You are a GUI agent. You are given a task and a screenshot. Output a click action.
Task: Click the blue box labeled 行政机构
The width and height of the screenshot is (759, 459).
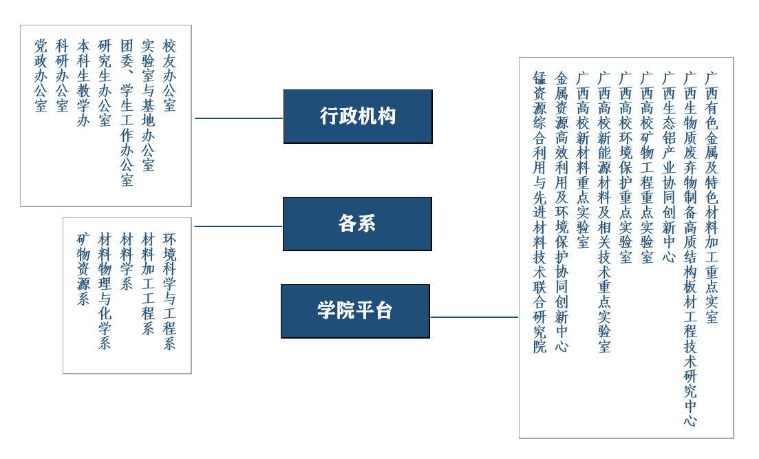click(358, 116)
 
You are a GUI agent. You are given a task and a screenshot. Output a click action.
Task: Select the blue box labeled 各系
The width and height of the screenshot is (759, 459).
click(357, 224)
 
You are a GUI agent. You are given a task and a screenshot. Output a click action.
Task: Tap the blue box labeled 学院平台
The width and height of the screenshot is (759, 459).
click(355, 311)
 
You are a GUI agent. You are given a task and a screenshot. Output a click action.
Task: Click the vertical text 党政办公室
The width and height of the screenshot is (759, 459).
click(41, 76)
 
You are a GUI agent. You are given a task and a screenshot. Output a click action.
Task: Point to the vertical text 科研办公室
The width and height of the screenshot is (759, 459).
click(63, 76)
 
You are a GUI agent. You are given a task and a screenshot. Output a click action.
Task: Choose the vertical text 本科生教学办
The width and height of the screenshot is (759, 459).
click(83, 83)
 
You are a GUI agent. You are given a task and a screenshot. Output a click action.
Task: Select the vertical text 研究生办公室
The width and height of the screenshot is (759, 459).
click(105, 83)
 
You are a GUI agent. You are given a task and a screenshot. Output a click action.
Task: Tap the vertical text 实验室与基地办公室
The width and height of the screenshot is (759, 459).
click(148, 105)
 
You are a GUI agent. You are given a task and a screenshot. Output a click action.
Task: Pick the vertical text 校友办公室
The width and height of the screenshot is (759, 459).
click(169, 76)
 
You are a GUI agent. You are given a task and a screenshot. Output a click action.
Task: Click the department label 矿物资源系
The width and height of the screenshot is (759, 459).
click(83, 269)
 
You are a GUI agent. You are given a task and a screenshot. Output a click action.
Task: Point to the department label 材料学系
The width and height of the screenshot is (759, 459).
click(127, 261)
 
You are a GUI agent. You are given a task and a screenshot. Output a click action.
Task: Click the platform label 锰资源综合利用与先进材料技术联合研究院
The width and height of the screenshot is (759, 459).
click(539, 212)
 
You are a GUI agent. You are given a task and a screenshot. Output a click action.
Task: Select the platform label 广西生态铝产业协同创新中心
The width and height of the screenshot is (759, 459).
click(669, 167)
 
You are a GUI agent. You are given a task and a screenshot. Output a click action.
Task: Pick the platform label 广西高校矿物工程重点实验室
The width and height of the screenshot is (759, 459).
click(647, 167)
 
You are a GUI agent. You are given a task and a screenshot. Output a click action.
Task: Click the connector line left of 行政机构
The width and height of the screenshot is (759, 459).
click(238, 118)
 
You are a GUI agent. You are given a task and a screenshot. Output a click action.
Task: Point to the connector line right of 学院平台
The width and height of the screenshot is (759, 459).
click(474, 317)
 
